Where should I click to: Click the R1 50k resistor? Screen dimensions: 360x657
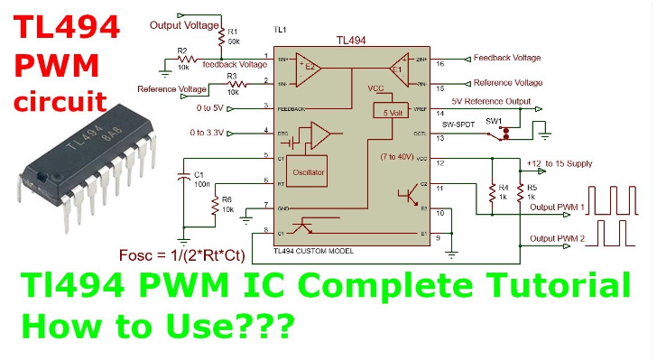click(x=219, y=36)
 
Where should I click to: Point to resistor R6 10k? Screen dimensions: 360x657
click(x=227, y=209)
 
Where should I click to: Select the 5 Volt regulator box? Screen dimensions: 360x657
click(x=391, y=113)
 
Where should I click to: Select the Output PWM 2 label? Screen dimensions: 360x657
click(x=557, y=238)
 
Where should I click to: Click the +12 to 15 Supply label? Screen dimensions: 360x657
click(x=560, y=163)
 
